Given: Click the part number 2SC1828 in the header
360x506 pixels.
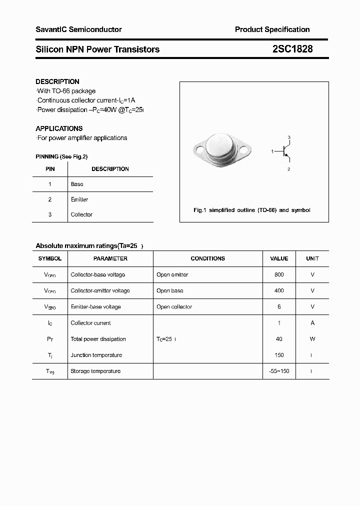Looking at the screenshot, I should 292,49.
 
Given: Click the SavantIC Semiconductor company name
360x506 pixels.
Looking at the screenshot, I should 78,29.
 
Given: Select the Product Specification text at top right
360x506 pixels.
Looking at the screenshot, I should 272,29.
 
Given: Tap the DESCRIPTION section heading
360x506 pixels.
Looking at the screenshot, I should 57,81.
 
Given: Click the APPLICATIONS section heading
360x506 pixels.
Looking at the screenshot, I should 59,128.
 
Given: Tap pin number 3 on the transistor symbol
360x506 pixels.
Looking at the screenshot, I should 289,137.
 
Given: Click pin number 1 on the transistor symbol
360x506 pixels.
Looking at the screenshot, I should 272,150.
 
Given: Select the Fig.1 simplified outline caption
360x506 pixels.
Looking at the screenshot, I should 251,210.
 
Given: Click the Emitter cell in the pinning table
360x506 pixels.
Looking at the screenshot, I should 79,199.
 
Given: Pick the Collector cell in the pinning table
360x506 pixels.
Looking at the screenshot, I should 81,214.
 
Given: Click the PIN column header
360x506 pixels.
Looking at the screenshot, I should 50,169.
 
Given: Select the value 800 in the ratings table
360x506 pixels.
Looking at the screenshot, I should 279,274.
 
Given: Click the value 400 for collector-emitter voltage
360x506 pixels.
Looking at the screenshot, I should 279,290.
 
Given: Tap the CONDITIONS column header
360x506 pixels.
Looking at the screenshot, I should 207,258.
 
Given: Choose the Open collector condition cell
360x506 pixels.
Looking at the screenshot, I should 174,306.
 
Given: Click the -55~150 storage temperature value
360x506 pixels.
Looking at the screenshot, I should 279,371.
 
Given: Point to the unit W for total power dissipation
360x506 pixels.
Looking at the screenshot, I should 312,339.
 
